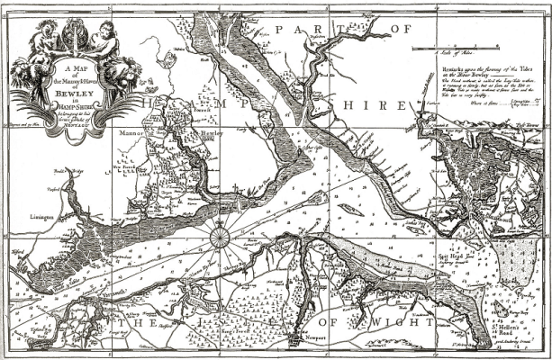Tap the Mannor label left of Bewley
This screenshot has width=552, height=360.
(x=132, y=131)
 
